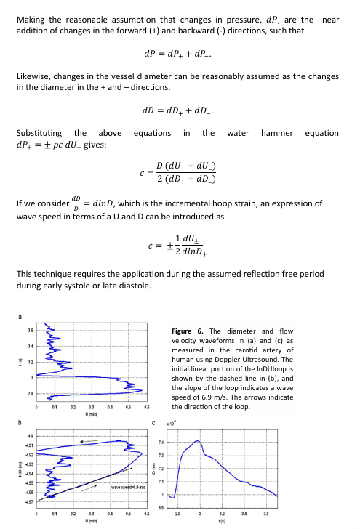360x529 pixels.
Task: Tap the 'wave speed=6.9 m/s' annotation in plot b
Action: pos(128,486)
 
